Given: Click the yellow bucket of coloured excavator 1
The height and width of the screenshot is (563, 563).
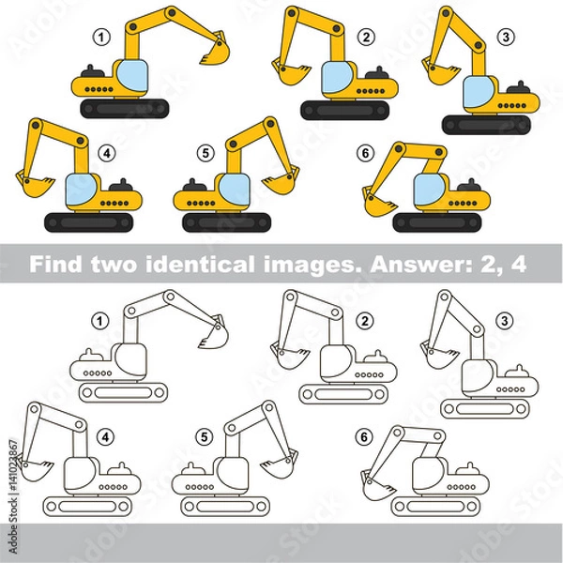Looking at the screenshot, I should coord(214,53).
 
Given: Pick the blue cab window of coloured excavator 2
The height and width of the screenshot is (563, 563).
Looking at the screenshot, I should coord(335,79).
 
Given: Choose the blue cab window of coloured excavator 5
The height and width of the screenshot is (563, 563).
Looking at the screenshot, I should coord(235,190).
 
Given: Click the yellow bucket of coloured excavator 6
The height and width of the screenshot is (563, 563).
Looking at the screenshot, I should coord(379,200).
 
